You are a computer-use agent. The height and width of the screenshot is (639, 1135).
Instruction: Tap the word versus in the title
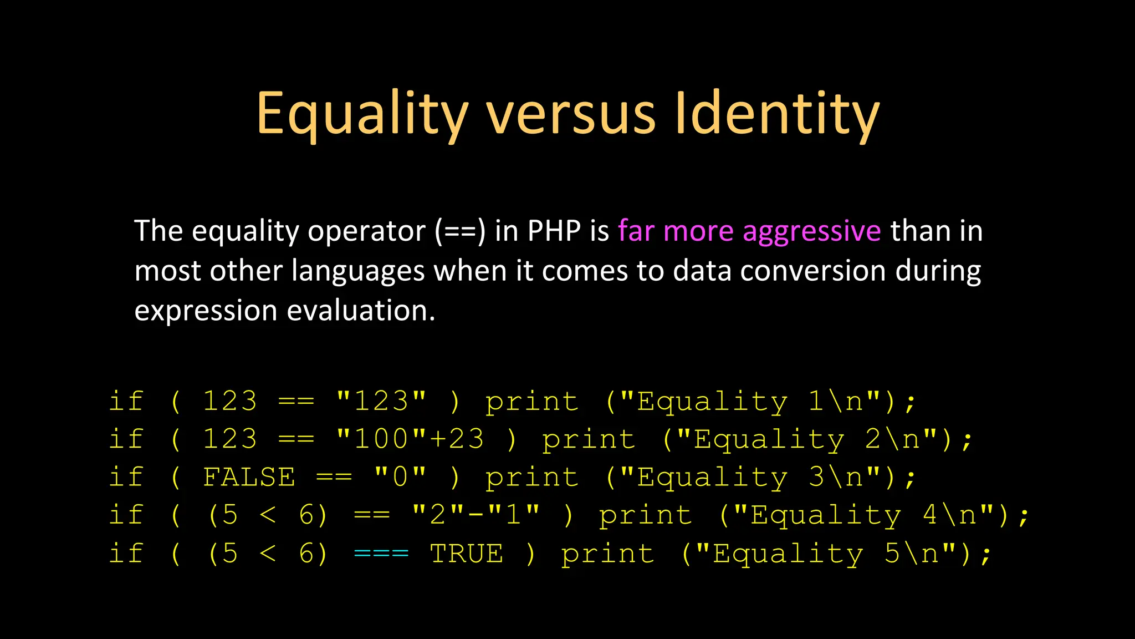click(571, 114)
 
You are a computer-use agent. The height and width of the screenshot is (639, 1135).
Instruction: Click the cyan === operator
click(381, 554)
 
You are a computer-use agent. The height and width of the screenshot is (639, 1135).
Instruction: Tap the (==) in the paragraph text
click(460, 232)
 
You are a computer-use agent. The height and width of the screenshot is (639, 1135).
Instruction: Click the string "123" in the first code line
click(381, 401)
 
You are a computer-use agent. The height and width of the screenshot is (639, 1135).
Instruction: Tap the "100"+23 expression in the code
click(410, 439)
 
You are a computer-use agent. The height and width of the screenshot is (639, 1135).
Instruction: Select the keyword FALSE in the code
click(249, 477)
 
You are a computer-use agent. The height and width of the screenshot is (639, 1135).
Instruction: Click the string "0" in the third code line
click(400, 477)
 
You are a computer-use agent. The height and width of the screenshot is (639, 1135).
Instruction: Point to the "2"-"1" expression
click(476, 515)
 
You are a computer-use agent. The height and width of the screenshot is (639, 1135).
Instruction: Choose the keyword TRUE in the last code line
click(467, 554)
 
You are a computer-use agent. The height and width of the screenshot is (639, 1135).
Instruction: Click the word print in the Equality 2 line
click(589, 440)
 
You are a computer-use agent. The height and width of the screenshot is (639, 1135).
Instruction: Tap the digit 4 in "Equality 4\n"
click(930, 515)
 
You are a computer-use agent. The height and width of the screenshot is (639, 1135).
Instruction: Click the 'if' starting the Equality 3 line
click(126, 477)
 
